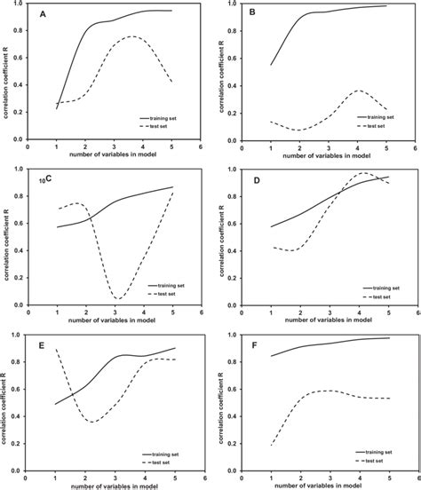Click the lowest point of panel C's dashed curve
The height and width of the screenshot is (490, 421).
coord(118,298)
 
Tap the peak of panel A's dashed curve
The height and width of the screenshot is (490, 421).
coord(131,36)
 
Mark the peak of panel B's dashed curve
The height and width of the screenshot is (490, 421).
coord(358,91)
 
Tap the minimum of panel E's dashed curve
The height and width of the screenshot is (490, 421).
coord(91,422)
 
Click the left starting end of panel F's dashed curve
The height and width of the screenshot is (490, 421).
coord(271,445)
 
